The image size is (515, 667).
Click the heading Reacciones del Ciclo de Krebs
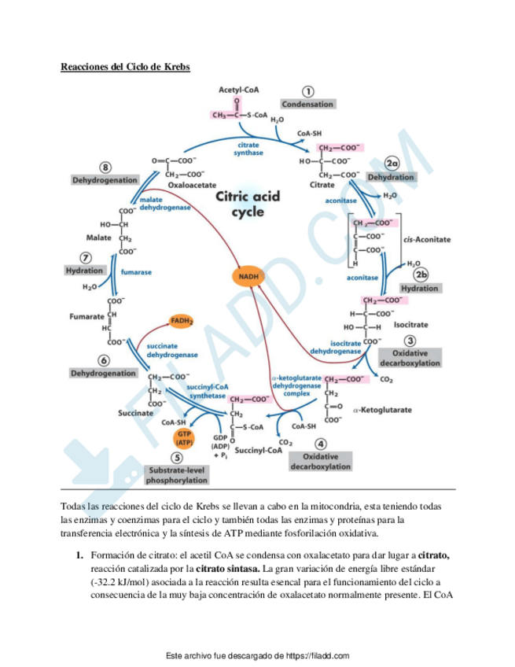click(125, 66)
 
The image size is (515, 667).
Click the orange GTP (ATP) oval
click(185, 437)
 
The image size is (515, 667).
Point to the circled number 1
click(309, 91)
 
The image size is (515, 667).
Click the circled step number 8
click(105, 168)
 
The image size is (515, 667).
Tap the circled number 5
click(177, 458)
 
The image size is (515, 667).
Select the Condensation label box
click(308, 104)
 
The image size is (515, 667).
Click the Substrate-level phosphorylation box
click(178, 474)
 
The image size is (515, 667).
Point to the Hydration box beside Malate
click(84, 270)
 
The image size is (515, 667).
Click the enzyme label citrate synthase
click(248, 149)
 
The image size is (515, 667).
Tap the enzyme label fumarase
click(136, 272)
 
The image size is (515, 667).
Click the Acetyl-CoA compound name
click(239, 91)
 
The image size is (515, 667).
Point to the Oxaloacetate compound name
click(192, 185)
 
